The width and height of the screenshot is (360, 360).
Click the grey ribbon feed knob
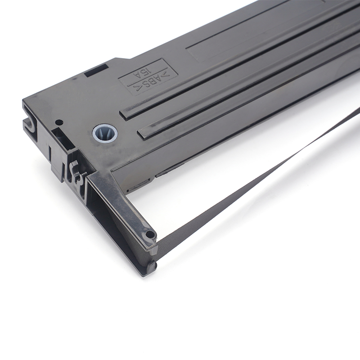105,134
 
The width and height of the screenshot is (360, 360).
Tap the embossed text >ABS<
149,81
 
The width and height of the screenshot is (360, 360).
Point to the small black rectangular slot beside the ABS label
96,71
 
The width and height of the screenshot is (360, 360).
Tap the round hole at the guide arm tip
149,234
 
